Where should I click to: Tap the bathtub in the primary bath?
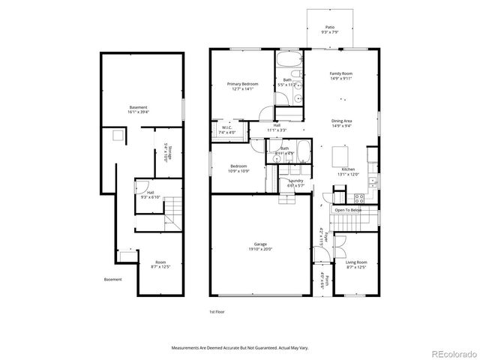[289, 61]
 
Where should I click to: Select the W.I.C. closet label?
[226, 128]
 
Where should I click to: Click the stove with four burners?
[358, 199]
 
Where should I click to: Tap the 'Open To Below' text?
[348, 210]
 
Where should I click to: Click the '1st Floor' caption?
[216, 311]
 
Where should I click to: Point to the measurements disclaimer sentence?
[240, 348]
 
